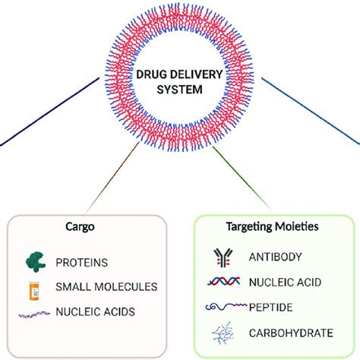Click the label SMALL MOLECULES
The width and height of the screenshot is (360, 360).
pyautogui.click(x=106, y=288)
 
